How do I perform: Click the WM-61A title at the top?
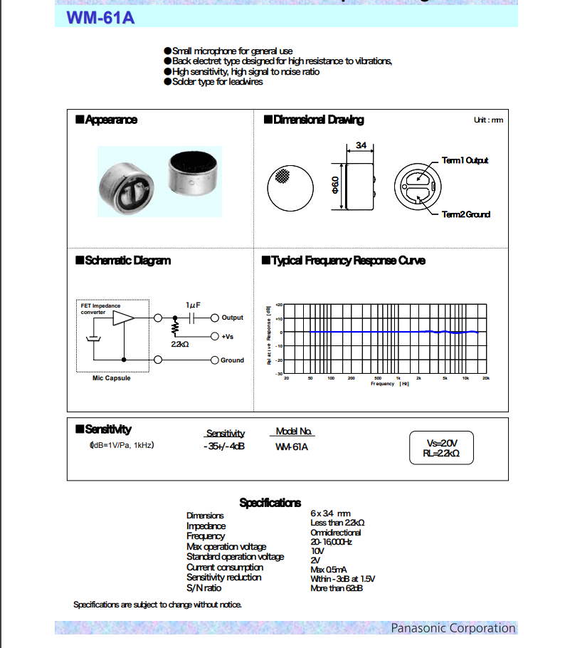coord(95,17)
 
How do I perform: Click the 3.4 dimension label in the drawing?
coord(361,145)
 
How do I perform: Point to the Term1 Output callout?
coord(465,160)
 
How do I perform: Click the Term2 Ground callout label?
coord(465,214)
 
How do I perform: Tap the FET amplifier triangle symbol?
coord(123,318)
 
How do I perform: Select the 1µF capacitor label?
coord(193,305)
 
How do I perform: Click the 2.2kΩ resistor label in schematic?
coord(179,344)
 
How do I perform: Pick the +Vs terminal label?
coord(228,336)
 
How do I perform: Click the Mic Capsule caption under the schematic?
coord(112,378)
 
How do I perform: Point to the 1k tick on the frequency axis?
coord(398,378)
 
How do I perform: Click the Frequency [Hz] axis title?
coord(389,384)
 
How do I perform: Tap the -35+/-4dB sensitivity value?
coord(224,446)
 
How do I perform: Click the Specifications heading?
coord(270,503)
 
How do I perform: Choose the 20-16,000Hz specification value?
coord(331,542)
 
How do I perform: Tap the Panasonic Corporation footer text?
coord(453,627)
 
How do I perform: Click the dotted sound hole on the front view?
coord(282,175)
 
